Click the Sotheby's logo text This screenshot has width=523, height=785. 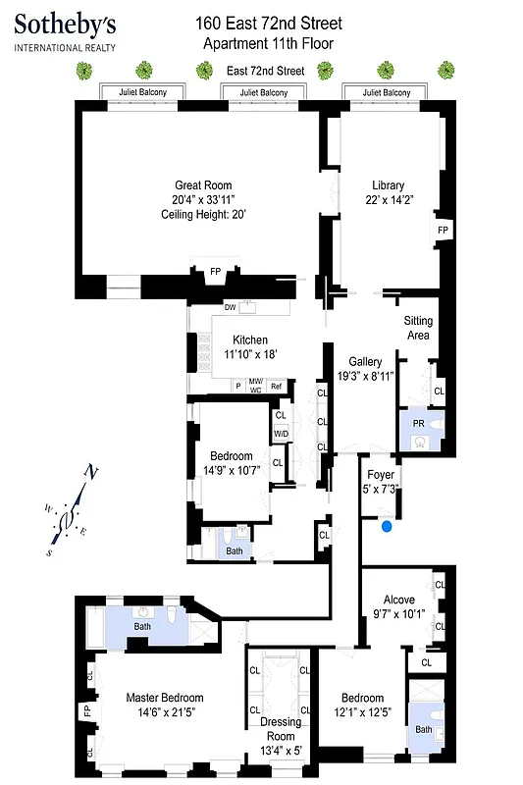tap(65, 24)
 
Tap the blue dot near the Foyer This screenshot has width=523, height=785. tap(388, 527)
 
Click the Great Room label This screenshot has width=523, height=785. tap(203, 185)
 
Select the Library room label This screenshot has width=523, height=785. tap(388, 185)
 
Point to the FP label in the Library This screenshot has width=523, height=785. tap(443, 230)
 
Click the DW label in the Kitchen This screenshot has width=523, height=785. tap(230, 307)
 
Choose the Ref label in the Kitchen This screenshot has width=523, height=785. tap(277, 386)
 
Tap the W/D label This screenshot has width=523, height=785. tap(281, 433)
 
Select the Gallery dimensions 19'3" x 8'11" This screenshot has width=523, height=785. tap(364, 375)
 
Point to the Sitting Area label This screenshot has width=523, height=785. tap(418, 328)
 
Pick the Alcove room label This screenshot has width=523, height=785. tap(398, 600)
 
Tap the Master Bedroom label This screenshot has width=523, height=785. tap(165, 698)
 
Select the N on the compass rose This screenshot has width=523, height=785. tap(90, 472)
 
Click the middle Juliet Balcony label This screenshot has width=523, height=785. tap(262, 92)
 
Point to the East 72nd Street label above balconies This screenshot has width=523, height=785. tap(265, 71)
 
